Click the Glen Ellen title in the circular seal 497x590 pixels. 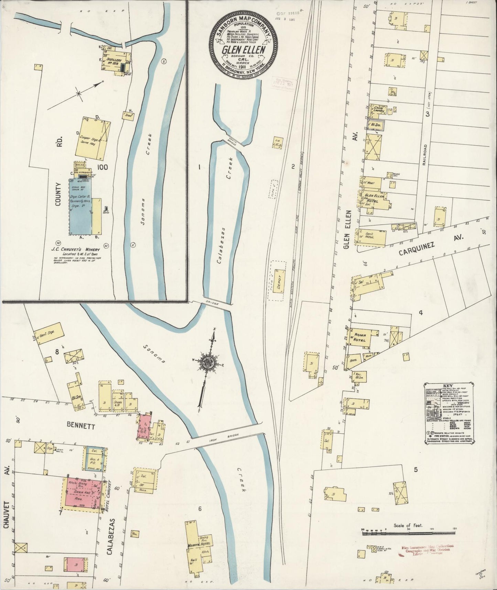click(x=244, y=50)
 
